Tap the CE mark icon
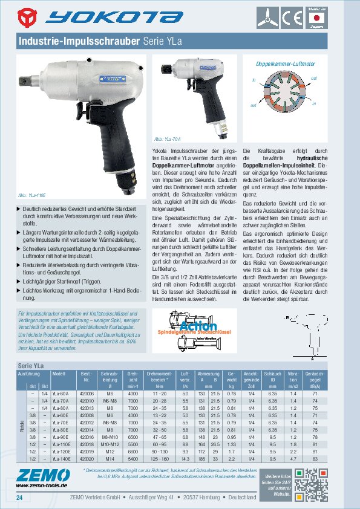click(295, 17)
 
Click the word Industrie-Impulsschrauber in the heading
click(80, 42)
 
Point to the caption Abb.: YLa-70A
click(167, 138)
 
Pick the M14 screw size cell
click(110, 458)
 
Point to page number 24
click(20, 498)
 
